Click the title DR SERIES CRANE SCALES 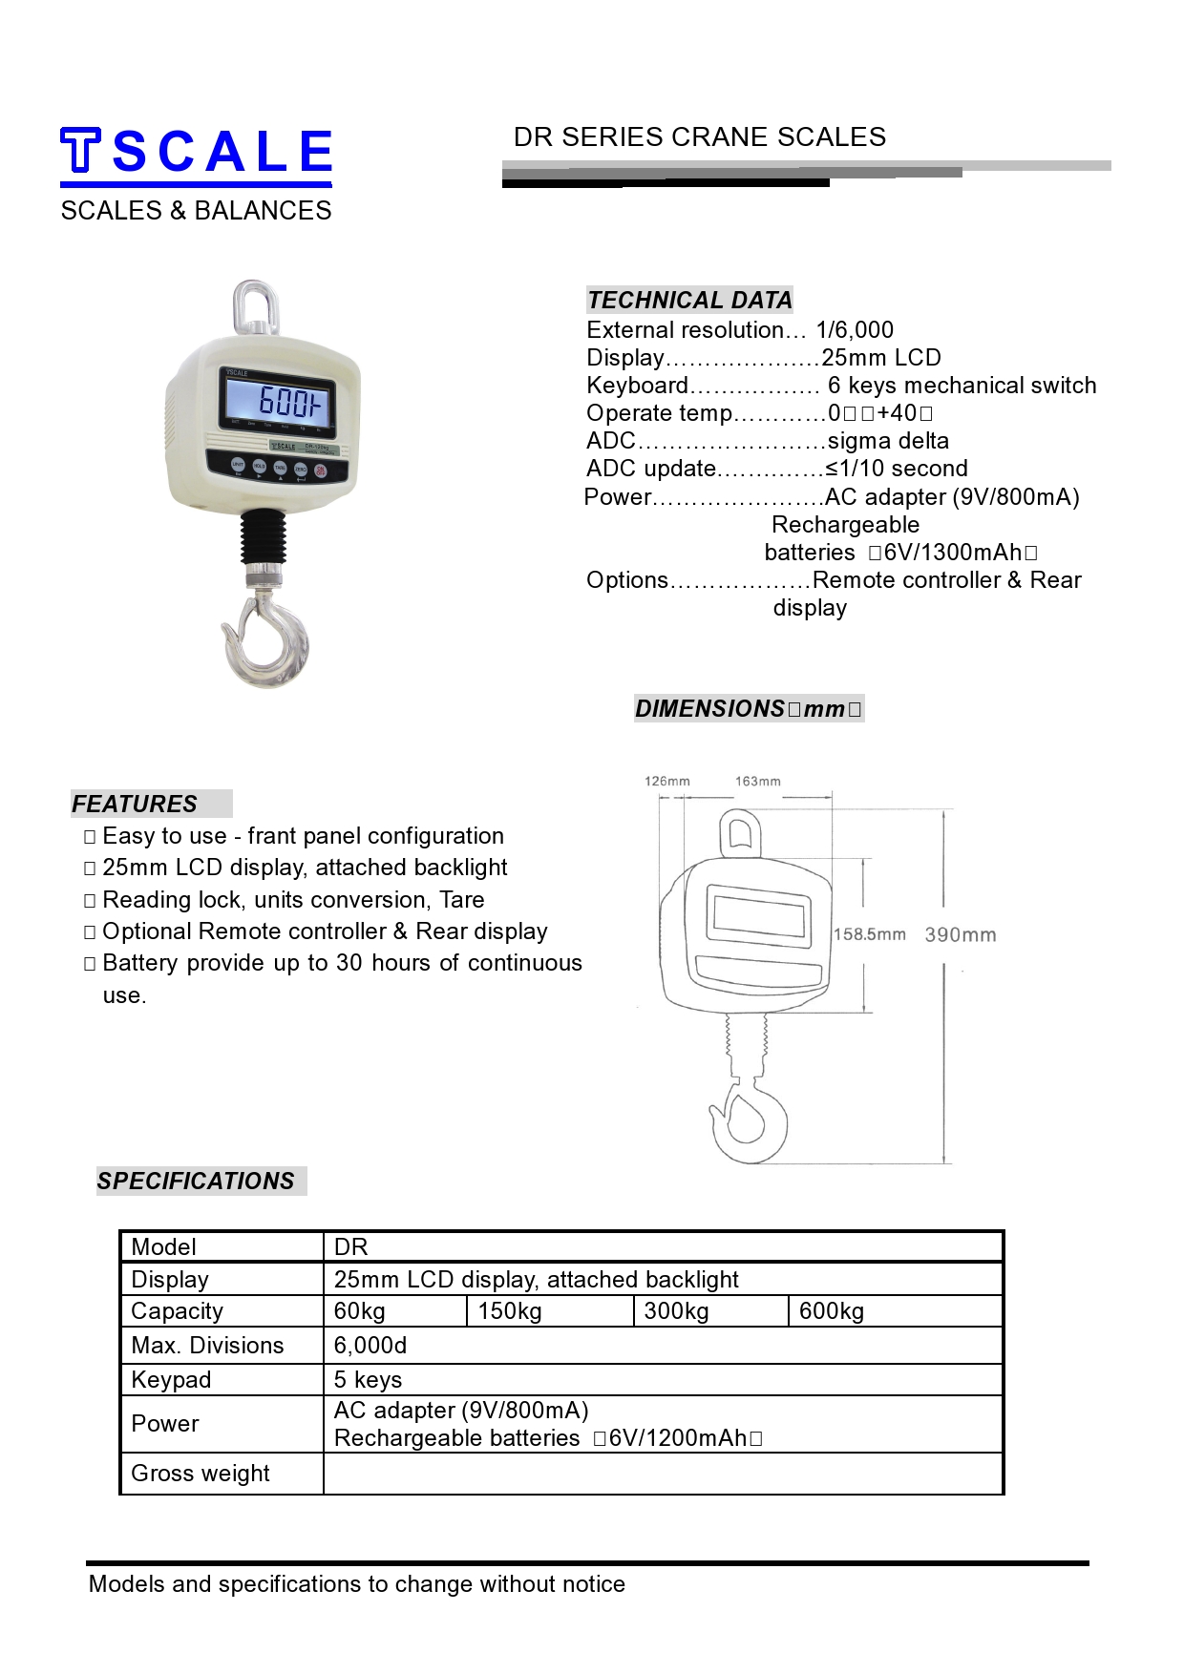click(699, 137)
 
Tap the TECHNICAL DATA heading click(689, 301)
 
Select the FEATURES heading click(135, 805)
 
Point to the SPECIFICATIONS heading click(196, 1182)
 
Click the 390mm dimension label click(960, 935)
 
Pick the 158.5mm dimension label click(869, 934)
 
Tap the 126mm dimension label click(666, 781)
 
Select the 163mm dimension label click(757, 781)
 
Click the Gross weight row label click(201, 1474)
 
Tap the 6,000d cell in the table click(370, 1346)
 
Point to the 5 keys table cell click(368, 1380)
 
